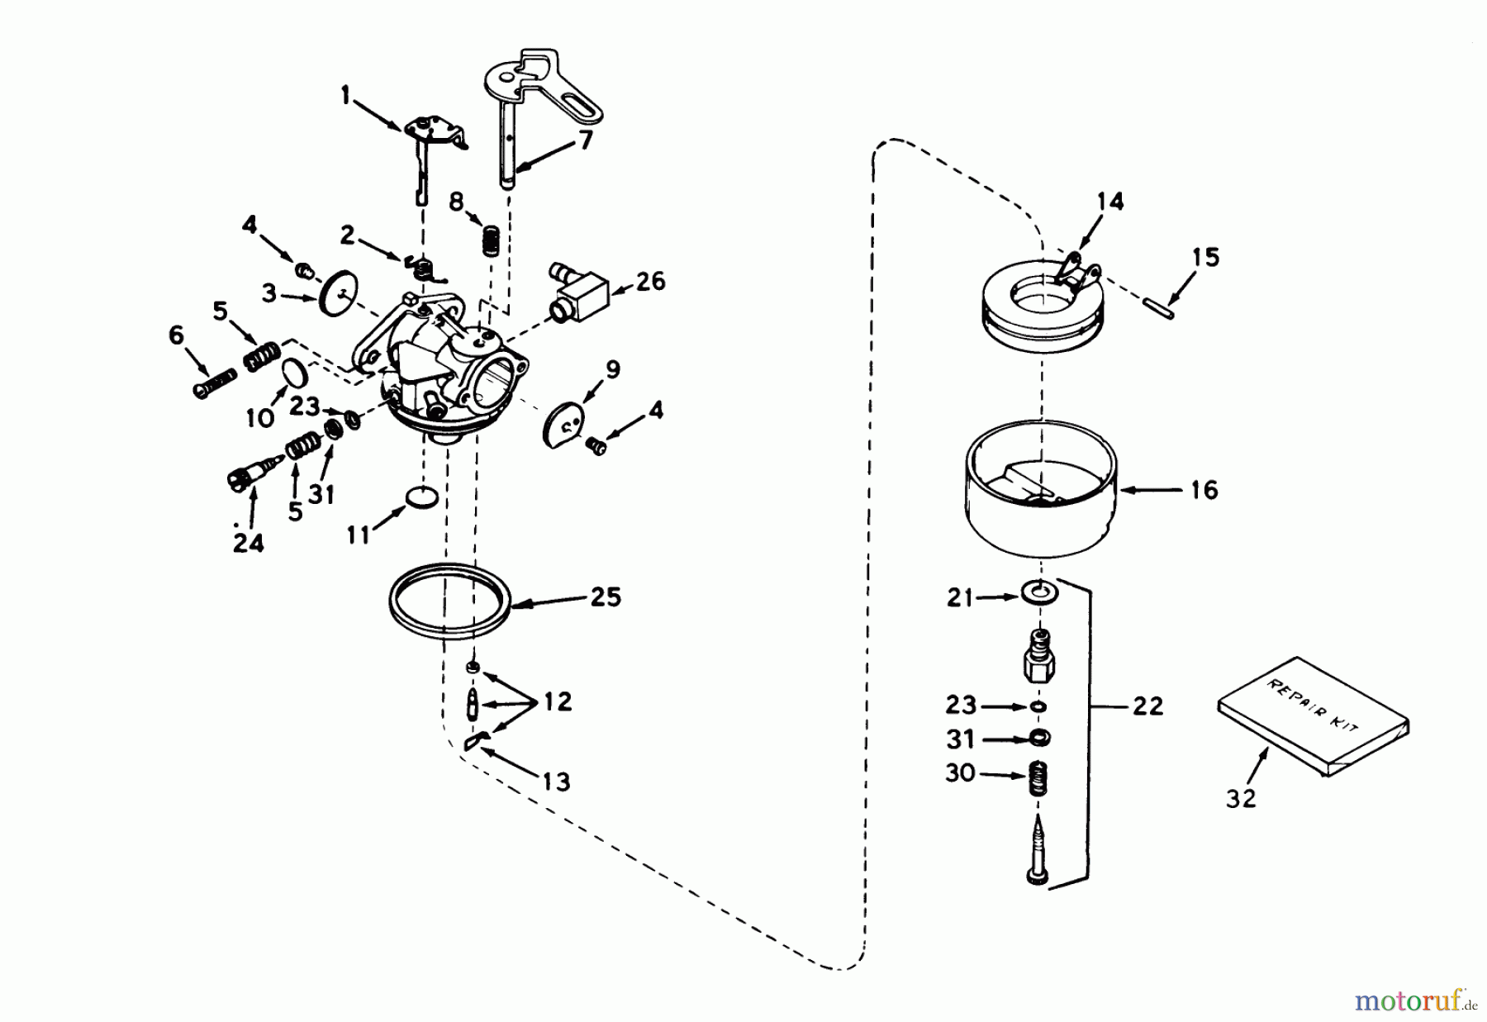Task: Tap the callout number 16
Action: [x=1204, y=490]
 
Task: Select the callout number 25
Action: [x=606, y=597]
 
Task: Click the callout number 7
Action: [x=585, y=141]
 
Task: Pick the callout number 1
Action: [x=345, y=97]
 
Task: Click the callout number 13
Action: [x=556, y=781]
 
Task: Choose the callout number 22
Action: [x=1147, y=706]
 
